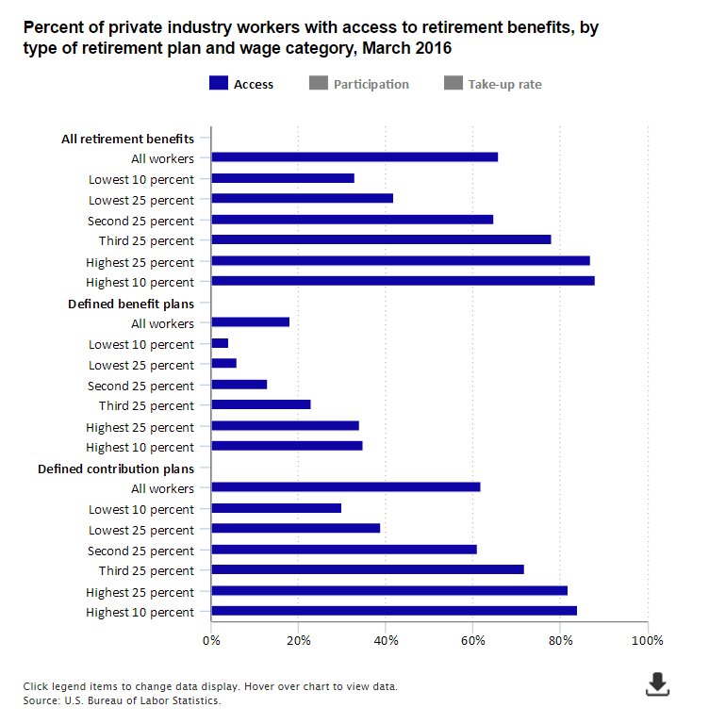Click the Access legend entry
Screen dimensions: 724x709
[x=241, y=84]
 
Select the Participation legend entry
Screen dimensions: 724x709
[x=359, y=84]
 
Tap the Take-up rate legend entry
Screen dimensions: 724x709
[x=493, y=84]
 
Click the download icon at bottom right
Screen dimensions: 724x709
[x=657, y=684]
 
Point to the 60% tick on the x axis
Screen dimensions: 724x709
[x=473, y=640]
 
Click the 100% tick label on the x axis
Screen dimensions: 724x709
[x=647, y=640]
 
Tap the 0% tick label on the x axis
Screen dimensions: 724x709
[x=212, y=640]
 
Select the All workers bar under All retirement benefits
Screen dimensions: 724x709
[x=354, y=157]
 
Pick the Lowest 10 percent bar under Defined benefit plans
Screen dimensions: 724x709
[x=221, y=343]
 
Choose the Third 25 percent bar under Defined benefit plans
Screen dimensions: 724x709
[x=261, y=404]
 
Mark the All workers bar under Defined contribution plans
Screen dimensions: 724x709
[x=346, y=487]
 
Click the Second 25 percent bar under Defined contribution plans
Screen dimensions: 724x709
[x=344, y=550]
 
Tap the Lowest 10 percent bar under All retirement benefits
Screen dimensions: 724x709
[x=283, y=178]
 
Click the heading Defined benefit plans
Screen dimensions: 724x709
[x=131, y=304]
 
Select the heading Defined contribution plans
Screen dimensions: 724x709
[x=116, y=469]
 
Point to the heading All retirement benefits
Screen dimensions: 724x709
[x=127, y=139]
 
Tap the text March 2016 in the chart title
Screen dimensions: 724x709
[x=416, y=47]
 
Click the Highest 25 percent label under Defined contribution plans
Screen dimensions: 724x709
[x=140, y=592]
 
